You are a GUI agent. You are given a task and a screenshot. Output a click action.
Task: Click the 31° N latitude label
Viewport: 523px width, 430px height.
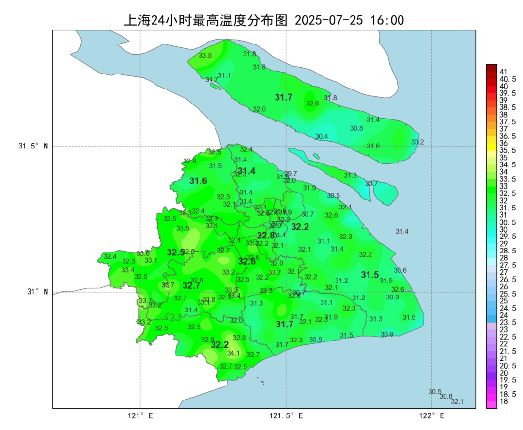pos(37,292)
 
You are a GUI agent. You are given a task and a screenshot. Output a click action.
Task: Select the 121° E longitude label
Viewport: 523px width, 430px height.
pos(140,415)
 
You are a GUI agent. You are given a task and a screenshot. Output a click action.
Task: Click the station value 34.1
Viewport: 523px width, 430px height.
pos(233,353)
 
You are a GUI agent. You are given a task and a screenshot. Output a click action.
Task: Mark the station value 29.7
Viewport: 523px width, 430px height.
pos(291,174)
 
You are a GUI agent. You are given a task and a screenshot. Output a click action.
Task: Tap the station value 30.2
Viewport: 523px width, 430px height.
pos(417,142)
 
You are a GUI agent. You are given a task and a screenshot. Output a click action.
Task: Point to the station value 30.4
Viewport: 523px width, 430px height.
pos(322,136)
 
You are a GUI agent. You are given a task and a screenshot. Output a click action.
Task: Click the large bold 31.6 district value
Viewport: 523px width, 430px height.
pos(198,181)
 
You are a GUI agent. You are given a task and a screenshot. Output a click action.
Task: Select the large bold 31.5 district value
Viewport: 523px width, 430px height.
pos(370,275)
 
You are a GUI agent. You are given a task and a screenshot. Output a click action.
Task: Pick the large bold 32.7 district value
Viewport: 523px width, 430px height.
pos(191,285)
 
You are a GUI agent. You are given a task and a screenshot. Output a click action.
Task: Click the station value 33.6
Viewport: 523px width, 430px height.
pos(143,253)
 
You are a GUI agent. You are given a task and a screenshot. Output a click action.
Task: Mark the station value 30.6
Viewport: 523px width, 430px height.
pos(400,270)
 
